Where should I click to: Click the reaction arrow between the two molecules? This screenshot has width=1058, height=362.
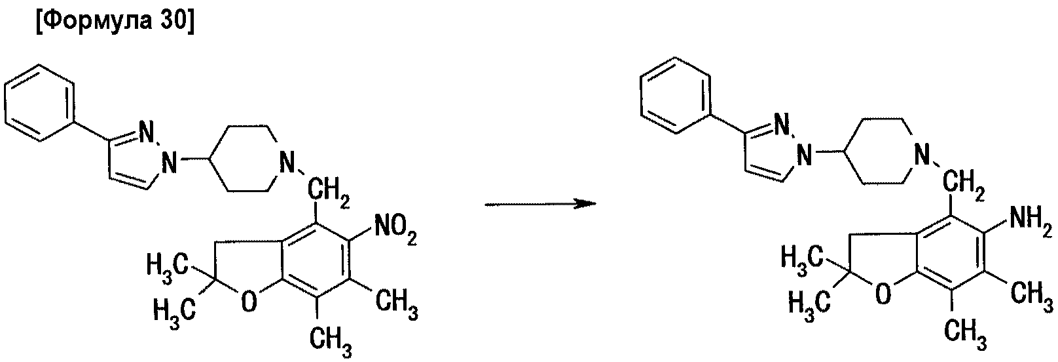click(x=540, y=205)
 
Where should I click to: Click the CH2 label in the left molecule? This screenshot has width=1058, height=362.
click(x=329, y=195)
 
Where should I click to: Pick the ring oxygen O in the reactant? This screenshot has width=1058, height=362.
click(x=249, y=302)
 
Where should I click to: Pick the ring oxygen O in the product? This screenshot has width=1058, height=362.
click(x=883, y=293)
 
